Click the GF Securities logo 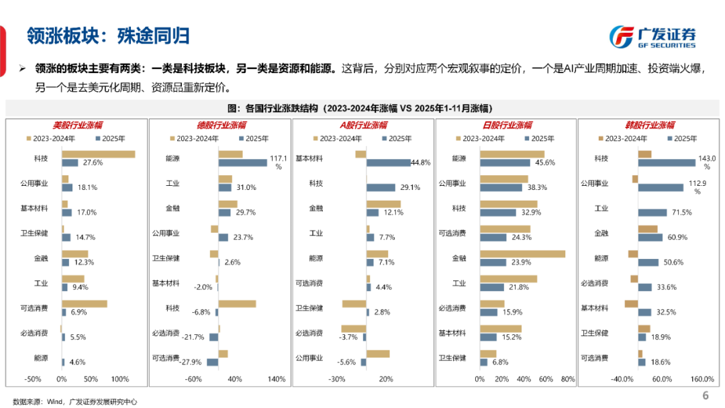[x=652, y=36]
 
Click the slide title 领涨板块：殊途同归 [x=107, y=35]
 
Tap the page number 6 [x=706, y=395]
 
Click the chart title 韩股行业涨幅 [x=649, y=125]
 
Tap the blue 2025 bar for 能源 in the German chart [x=242, y=162]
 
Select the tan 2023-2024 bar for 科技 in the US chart [x=99, y=154]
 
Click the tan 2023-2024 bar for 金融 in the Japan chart [x=522, y=254]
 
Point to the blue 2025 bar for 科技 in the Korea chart [x=667, y=162]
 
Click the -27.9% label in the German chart [x=191, y=362]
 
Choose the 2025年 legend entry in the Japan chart [x=539, y=139]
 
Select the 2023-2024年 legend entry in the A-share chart [x=338, y=139]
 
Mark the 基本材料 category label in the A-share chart [x=309, y=158]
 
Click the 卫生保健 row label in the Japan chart [x=452, y=358]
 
